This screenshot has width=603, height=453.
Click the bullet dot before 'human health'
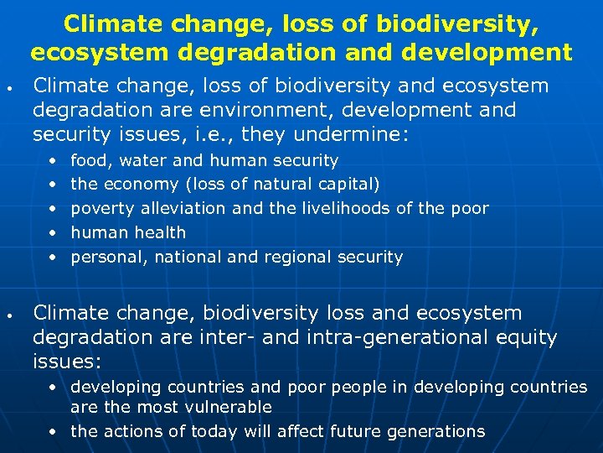pyautogui.click(x=53, y=233)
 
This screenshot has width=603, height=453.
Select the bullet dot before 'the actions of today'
pyautogui.click(x=53, y=432)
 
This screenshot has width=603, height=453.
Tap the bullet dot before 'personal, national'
pyautogui.click(x=53, y=258)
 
